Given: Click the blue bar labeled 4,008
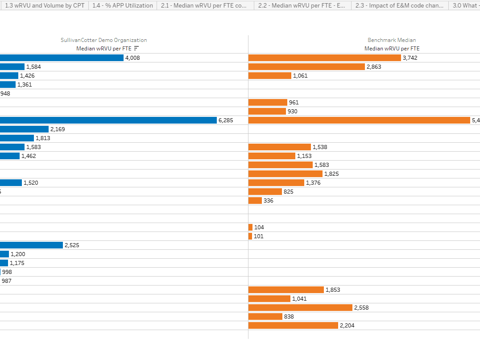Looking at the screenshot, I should (62, 58).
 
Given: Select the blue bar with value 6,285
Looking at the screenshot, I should (108, 120).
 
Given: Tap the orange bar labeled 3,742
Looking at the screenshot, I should (324, 58).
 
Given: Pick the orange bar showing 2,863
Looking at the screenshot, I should (306, 66).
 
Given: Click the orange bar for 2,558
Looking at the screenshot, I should (300, 307).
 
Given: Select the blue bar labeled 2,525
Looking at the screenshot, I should (31, 245).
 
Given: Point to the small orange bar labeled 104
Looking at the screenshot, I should (250, 227).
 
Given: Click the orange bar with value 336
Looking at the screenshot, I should (255, 200).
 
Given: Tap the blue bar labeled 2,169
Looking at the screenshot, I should (24, 129).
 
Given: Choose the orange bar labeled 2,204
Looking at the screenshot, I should (293, 325).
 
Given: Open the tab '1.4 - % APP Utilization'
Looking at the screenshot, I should (123, 6).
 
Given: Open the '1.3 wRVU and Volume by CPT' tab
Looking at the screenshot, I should (45, 6).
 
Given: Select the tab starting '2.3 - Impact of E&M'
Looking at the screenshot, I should (399, 6).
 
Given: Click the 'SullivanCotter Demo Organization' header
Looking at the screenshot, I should (103, 40).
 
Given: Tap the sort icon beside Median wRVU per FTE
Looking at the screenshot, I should (137, 48).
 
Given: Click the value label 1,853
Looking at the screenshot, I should (333, 290).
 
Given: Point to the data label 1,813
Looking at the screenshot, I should (43, 138).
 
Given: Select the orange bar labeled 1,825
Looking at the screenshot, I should (285, 174).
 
